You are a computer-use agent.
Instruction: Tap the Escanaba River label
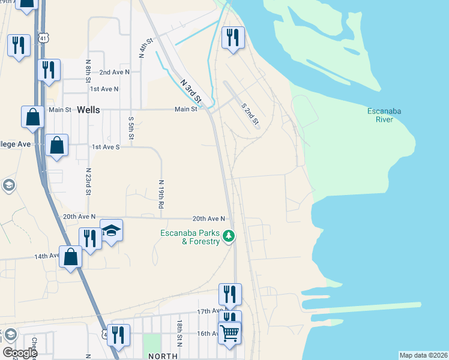click(x=384, y=115)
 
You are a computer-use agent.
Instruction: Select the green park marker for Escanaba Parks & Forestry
click(x=228, y=236)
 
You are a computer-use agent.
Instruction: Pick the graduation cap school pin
click(x=111, y=232)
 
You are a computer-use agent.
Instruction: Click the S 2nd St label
click(x=250, y=114)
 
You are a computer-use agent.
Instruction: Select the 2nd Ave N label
click(x=114, y=72)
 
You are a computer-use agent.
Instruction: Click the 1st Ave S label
click(x=106, y=146)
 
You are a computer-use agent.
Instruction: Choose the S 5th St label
click(x=130, y=127)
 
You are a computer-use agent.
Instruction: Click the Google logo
click(x=20, y=353)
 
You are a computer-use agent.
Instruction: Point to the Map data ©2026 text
click(x=423, y=355)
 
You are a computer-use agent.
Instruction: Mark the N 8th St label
click(x=88, y=71)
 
